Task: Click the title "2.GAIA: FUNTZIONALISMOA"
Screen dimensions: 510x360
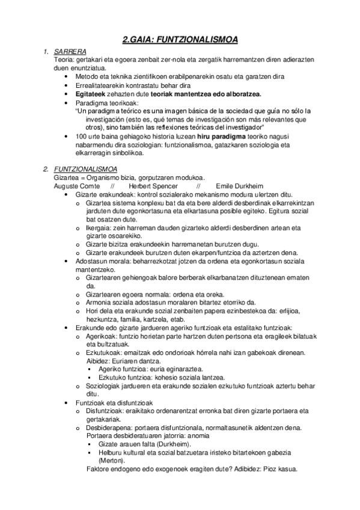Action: coord(180,40)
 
